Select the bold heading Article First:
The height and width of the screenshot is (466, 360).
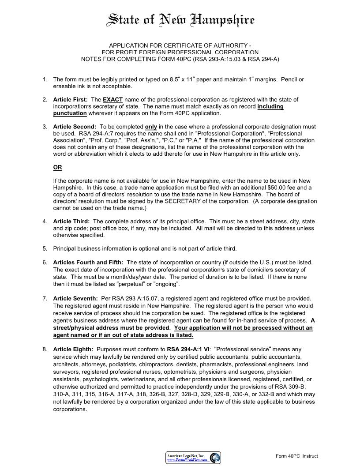[x=70, y=100]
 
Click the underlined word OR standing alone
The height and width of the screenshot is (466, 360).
[x=57, y=168]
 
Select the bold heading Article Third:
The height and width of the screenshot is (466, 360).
[x=71, y=222]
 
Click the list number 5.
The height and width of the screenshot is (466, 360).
[x=45, y=248]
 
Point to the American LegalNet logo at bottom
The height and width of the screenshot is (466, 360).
[x=193, y=458]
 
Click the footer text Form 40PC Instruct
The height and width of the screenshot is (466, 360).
[x=296, y=456]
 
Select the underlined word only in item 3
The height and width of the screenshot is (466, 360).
[x=151, y=127]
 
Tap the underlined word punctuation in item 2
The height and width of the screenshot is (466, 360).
[x=70, y=113]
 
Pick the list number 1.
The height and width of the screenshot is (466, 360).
[x=45, y=79]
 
